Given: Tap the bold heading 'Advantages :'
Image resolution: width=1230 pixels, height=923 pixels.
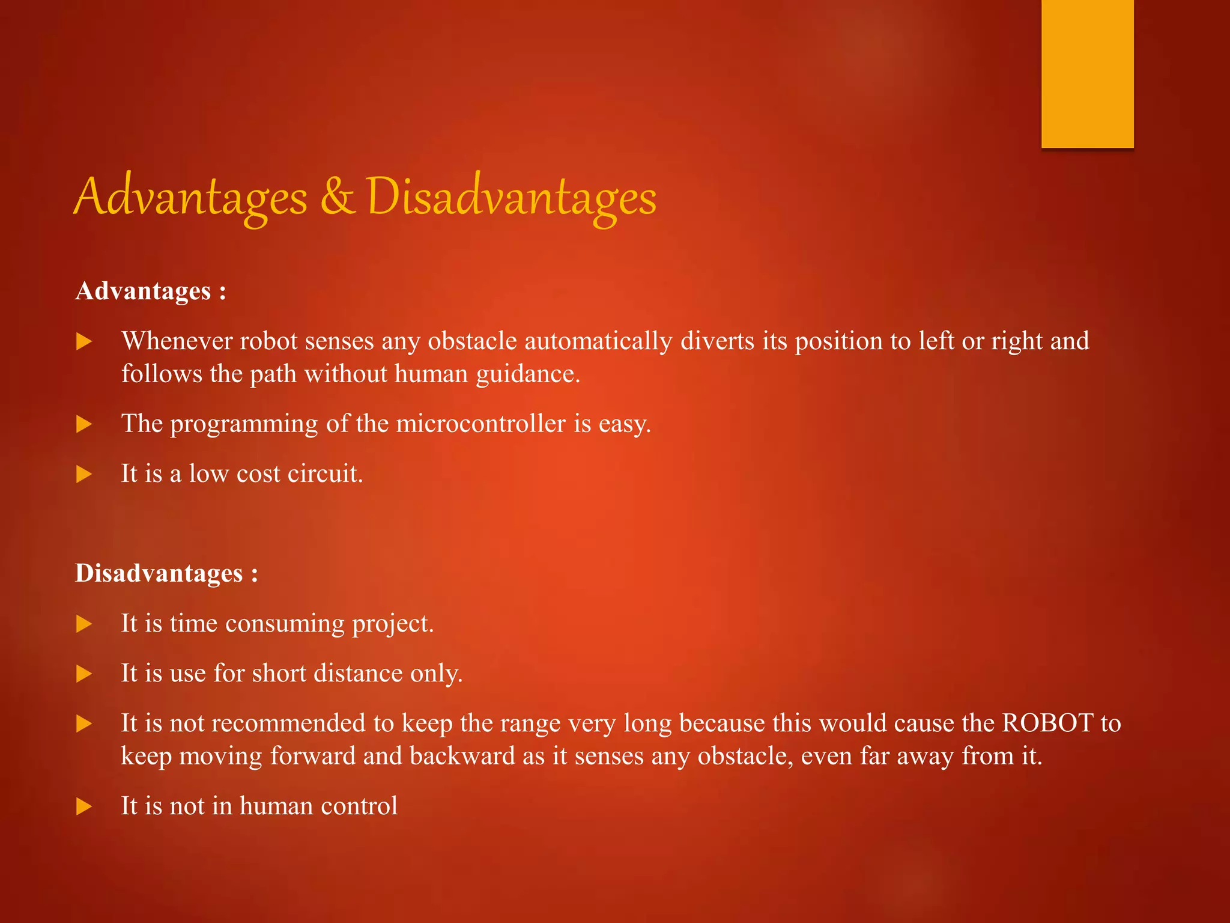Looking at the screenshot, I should coord(151,291).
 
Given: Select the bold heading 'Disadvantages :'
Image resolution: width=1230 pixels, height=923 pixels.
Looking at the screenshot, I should coord(166,573).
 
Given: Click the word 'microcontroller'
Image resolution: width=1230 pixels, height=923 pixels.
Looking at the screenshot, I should coord(480,424).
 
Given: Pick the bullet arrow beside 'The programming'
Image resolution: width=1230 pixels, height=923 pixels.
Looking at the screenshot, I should coord(84,425).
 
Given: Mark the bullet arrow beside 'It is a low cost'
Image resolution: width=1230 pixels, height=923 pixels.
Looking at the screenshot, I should coord(84,475).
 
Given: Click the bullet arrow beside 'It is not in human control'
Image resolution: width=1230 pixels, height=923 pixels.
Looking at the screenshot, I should coord(84,806).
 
